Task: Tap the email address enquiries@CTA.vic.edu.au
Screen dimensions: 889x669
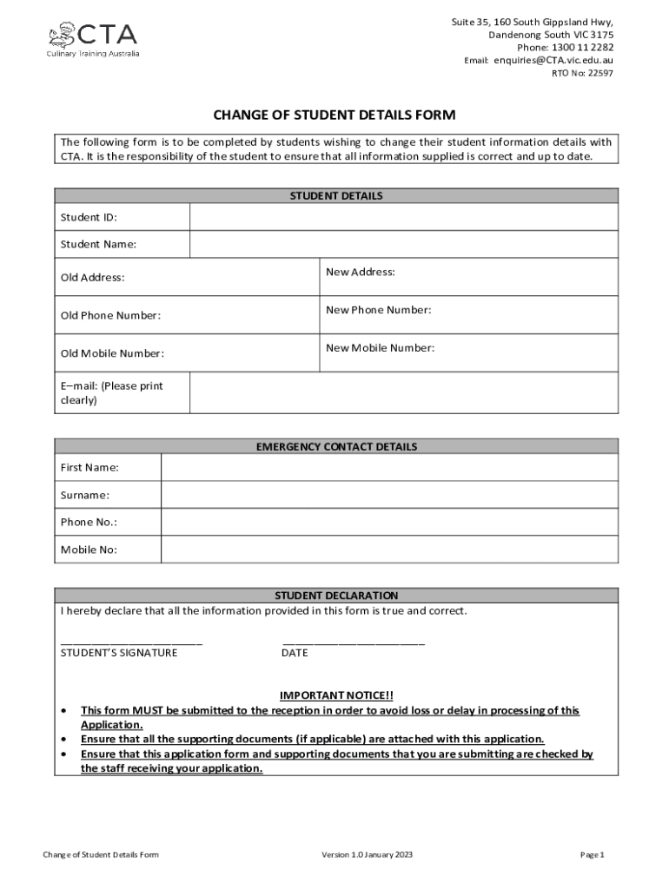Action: tap(553, 60)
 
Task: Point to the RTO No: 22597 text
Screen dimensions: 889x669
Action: tap(582, 73)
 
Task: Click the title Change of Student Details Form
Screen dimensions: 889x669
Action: tap(334, 115)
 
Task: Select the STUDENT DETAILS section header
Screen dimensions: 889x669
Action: tap(335, 196)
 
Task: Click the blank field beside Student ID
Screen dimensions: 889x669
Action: tap(403, 217)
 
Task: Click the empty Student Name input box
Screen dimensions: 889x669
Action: tap(403, 244)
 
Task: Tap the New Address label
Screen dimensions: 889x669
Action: tap(361, 272)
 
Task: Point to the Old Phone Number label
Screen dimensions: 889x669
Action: tap(110, 315)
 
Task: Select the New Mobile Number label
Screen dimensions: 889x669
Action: tap(380, 348)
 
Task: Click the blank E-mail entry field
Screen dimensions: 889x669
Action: tap(403, 392)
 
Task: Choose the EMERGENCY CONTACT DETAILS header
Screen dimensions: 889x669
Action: tap(335, 447)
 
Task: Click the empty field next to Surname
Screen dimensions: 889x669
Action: tap(389, 495)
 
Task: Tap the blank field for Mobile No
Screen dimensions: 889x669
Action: tap(389, 550)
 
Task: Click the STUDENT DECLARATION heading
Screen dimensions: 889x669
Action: tap(335, 596)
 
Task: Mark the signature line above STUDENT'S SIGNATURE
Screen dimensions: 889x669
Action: tap(131, 643)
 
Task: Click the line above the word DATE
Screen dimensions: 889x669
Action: tap(354, 643)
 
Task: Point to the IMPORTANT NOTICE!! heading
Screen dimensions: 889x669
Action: tap(335, 695)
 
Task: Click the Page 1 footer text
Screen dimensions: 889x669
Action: tap(592, 855)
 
